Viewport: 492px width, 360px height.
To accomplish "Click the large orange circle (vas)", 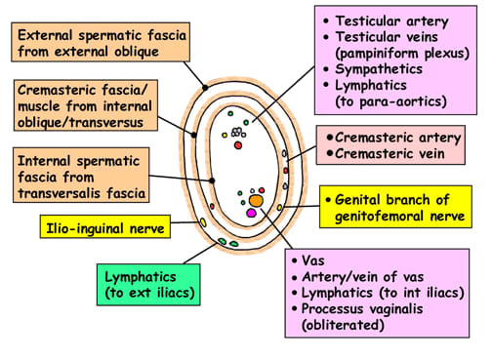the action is [x=256, y=201].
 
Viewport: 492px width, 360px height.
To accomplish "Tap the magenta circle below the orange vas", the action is [x=251, y=213].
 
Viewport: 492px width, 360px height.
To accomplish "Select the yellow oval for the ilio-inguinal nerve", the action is [x=203, y=222].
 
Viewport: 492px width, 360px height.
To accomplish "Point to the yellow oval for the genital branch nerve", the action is [x=279, y=207].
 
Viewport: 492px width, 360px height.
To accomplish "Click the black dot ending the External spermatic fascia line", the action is [x=205, y=88].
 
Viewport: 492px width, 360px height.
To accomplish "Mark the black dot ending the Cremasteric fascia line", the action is [x=193, y=135].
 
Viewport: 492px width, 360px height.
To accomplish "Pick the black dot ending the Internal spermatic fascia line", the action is [x=212, y=180].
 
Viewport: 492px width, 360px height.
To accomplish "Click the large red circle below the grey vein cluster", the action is [x=238, y=145].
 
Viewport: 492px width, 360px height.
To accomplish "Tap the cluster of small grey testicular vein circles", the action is [x=238, y=132].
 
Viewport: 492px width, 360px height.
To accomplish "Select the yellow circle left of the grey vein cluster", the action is [x=225, y=135].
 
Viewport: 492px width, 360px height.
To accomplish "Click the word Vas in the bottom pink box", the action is [x=313, y=260].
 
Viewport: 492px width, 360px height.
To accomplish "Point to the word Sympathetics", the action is [x=379, y=69].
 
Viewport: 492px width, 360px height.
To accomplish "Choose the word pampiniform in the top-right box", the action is [x=377, y=53].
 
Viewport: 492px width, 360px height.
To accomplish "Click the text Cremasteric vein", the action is [x=389, y=153].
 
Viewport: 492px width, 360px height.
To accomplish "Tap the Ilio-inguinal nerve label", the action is [x=105, y=228].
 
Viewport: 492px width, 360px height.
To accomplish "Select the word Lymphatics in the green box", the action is [x=141, y=277].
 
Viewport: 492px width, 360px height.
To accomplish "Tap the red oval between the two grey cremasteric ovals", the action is [x=286, y=171].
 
